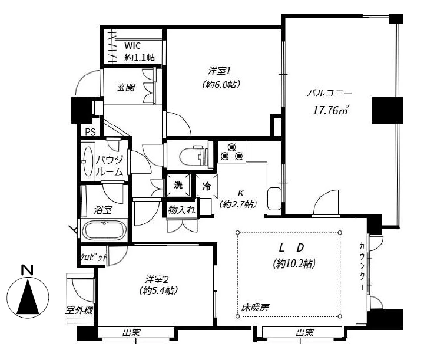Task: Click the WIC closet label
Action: [x=132, y=46]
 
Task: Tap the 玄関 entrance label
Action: [x=126, y=88]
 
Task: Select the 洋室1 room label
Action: [x=219, y=71]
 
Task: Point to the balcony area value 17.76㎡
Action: [x=330, y=110]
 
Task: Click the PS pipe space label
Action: [x=91, y=132]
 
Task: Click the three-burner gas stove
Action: [x=232, y=152]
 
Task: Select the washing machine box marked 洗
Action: [x=178, y=185]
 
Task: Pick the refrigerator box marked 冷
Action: [x=206, y=186]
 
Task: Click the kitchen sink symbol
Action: [x=274, y=199]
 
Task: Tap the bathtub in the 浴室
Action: [x=104, y=230]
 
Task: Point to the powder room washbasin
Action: [x=88, y=161]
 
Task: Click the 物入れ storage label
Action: [x=181, y=210]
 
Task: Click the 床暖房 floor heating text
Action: [x=255, y=307]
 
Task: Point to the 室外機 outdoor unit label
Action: [x=79, y=311]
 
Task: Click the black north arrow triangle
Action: [x=28, y=297]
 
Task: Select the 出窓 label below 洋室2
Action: [x=132, y=333]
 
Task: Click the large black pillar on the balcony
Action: [x=387, y=110]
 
